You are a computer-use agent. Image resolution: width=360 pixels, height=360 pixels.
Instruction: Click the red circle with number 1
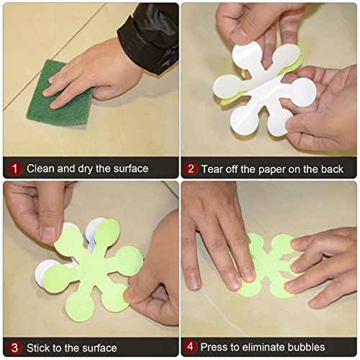pos(15,168)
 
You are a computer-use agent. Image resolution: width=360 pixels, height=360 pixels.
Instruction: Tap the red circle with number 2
pos(191,169)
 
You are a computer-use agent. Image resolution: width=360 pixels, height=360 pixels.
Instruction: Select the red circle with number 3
pos(15,348)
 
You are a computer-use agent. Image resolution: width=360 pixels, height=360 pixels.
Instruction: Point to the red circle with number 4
pos(191,346)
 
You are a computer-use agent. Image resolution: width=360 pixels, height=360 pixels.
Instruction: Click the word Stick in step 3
pos(38,348)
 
